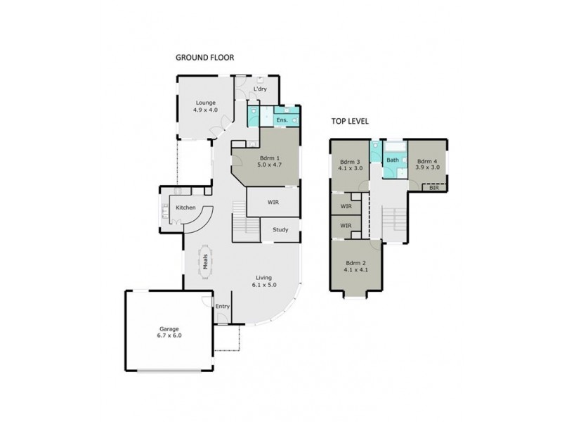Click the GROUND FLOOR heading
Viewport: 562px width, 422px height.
coord(204,58)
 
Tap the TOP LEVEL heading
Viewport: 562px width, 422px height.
coord(350,121)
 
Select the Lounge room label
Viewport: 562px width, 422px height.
coord(205,103)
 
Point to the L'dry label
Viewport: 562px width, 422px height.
coord(261,89)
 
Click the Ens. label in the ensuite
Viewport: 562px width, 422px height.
coord(281,121)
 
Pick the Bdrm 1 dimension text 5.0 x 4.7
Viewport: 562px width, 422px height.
coord(266,165)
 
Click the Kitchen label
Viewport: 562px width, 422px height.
coord(185,207)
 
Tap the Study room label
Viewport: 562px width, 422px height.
coord(280,229)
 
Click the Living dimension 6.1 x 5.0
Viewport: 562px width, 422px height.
coord(264,285)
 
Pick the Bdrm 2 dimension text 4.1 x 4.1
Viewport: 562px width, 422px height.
coord(357,269)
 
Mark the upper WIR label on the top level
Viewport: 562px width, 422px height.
coord(345,205)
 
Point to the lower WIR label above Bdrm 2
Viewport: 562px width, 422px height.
coord(345,226)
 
